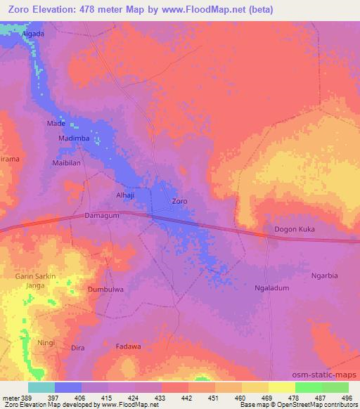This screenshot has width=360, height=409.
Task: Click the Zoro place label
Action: (x=180, y=202)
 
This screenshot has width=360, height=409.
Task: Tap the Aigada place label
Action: (x=32, y=34)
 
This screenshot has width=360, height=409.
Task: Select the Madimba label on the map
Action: (x=73, y=138)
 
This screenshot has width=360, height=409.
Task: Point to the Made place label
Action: (x=56, y=123)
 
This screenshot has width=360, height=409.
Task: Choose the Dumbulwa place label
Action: (x=105, y=289)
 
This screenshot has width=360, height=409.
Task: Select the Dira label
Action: (x=78, y=348)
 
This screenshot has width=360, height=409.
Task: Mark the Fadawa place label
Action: (x=128, y=346)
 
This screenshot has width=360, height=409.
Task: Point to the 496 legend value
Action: (x=347, y=397)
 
